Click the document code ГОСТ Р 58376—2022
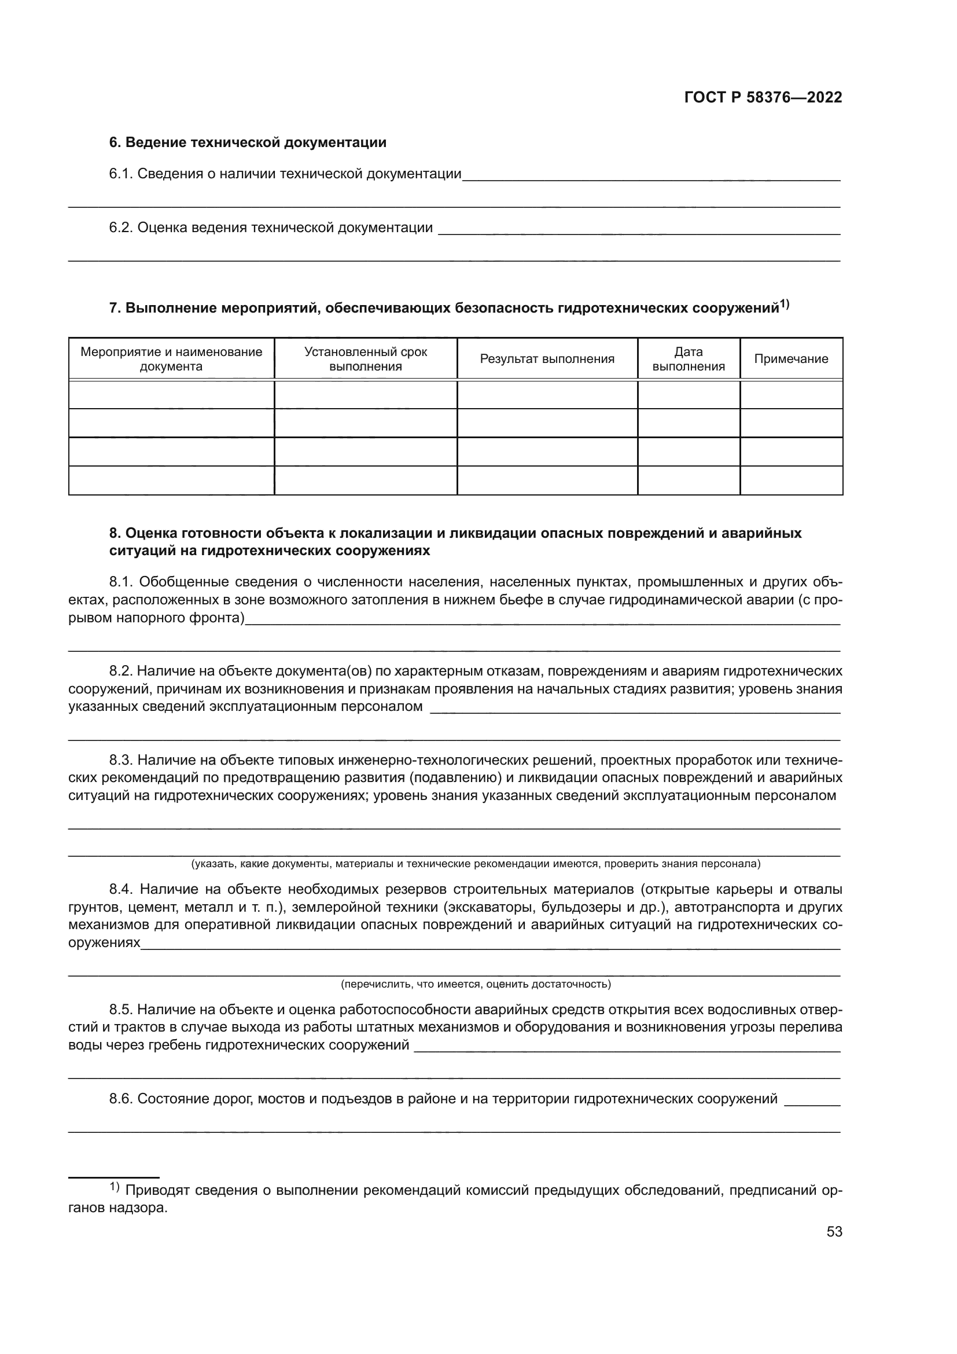coord(763,98)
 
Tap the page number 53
coord(834,1231)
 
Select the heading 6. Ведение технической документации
coord(248,143)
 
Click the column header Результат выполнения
coord(547,359)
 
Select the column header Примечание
coord(791,359)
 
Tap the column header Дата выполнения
coord(689,359)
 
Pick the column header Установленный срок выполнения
coord(365,359)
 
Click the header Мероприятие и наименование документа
coord(171,359)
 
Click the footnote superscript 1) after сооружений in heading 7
coord(785,304)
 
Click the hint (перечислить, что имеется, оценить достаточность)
coord(476,984)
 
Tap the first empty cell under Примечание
coord(791,395)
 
